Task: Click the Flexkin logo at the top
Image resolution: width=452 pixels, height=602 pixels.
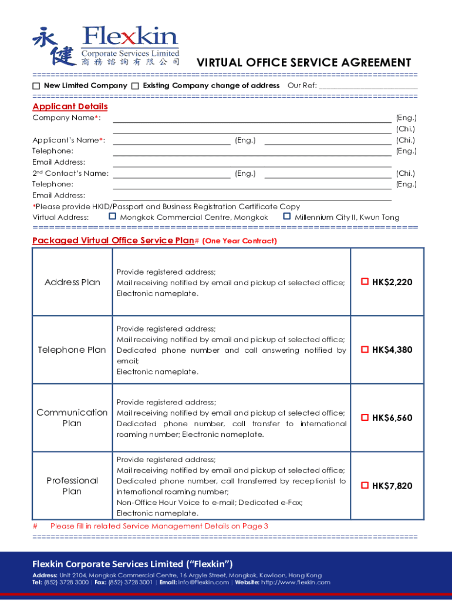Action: pyautogui.click(x=106, y=46)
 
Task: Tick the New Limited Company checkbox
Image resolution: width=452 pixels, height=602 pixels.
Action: pyautogui.click(x=36, y=86)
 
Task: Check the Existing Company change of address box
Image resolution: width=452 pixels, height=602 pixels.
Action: pyautogui.click(x=136, y=86)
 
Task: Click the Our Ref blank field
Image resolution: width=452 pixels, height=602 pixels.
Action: pyautogui.click(x=368, y=86)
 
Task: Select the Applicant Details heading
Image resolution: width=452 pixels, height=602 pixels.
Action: pyautogui.click(x=70, y=106)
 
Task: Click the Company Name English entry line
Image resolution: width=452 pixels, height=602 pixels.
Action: pyautogui.click(x=252, y=118)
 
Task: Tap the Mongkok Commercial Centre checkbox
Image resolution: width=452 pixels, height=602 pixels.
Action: pyautogui.click(x=113, y=217)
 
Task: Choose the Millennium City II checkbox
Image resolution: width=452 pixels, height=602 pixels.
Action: pyautogui.click(x=287, y=217)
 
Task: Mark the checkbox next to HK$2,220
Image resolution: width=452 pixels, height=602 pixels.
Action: pyautogui.click(x=365, y=282)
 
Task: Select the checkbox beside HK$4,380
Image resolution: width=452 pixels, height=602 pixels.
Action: pyautogui.click(x=365, y=350)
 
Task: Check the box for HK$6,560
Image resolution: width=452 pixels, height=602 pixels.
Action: pyautogui.click(x=365, y=417)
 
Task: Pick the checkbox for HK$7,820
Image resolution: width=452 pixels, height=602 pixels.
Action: pyautogui.click(x=365, y=486)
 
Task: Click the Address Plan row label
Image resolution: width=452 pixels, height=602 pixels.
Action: pyautogui.click(x=72, y=282)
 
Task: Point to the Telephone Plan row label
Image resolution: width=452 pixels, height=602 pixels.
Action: pyautogui.click(x=72, y=350)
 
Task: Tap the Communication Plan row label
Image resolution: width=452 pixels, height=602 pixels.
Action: pyautogui.click(x=72, y=417)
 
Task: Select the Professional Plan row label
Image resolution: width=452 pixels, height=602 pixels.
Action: pyautogui.click(x=72, y=486)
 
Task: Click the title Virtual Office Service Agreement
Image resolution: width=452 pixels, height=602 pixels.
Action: pyautogui.click(x=303, y=63)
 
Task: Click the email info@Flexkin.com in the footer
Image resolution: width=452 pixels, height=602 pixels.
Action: pyautogui.click(x=203, y=583)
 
